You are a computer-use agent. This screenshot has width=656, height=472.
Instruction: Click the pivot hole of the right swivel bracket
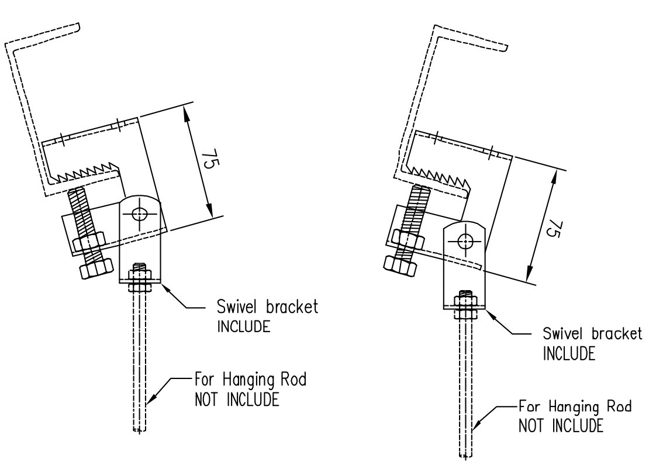465,240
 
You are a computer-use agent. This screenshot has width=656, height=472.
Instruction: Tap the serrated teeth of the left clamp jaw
87,172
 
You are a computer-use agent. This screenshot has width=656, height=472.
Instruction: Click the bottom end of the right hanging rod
465,456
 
